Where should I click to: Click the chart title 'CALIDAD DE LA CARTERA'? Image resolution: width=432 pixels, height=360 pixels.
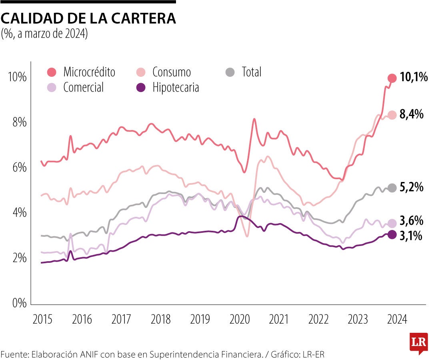[x=88, y=18]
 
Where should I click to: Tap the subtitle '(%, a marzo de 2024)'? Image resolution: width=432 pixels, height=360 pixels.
[x=44, y=34]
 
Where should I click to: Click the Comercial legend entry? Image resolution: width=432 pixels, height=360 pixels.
[x=76, y=87]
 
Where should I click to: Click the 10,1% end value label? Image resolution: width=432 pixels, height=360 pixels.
[x=414, y=78]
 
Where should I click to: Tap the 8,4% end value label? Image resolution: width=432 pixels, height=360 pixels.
[x=411, y=114]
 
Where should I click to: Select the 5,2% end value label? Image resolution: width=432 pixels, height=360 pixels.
[x=411, y=187]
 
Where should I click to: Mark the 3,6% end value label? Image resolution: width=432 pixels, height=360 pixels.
[x=411, y=221]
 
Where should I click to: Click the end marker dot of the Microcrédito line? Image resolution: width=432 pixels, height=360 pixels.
[x=392, y=78]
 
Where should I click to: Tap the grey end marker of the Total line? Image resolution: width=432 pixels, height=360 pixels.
[x=392, y=188]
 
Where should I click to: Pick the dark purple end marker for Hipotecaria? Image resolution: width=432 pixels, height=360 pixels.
[x=392, y=234]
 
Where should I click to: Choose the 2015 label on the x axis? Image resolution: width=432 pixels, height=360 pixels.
[x=42, y=320]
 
